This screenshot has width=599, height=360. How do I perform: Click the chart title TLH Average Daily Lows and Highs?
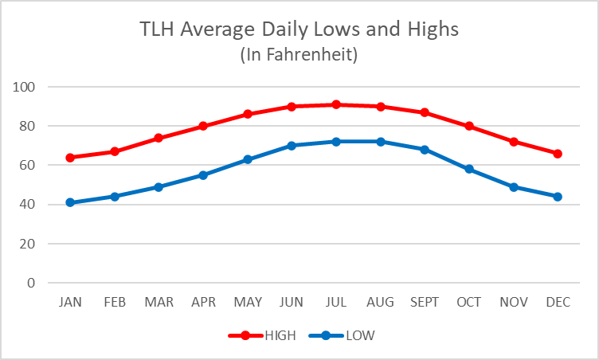point(299,30)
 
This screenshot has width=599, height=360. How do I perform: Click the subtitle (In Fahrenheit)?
point(299,55)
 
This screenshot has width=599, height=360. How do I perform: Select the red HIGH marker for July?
point(336,104)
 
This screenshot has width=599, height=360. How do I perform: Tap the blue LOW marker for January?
point(70,202)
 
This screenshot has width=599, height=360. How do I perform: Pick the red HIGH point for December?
point(558,154)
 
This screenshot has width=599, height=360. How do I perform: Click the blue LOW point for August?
point(381,142)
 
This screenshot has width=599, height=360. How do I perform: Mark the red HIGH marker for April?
point(203,126)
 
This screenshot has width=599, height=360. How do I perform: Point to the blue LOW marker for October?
point(469,169)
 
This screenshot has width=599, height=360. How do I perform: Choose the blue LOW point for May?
point(248,159)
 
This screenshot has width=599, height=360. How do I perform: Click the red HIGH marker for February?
point(115,151)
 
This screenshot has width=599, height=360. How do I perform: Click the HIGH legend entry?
point(262,335)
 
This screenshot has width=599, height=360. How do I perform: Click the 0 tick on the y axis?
point(33,283)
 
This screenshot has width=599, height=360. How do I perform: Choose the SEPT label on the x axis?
point(425,302)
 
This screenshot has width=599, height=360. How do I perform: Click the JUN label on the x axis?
point(292,302)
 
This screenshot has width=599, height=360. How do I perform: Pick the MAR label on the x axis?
point(159,302)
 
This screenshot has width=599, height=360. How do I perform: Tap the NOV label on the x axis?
point(513,302)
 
